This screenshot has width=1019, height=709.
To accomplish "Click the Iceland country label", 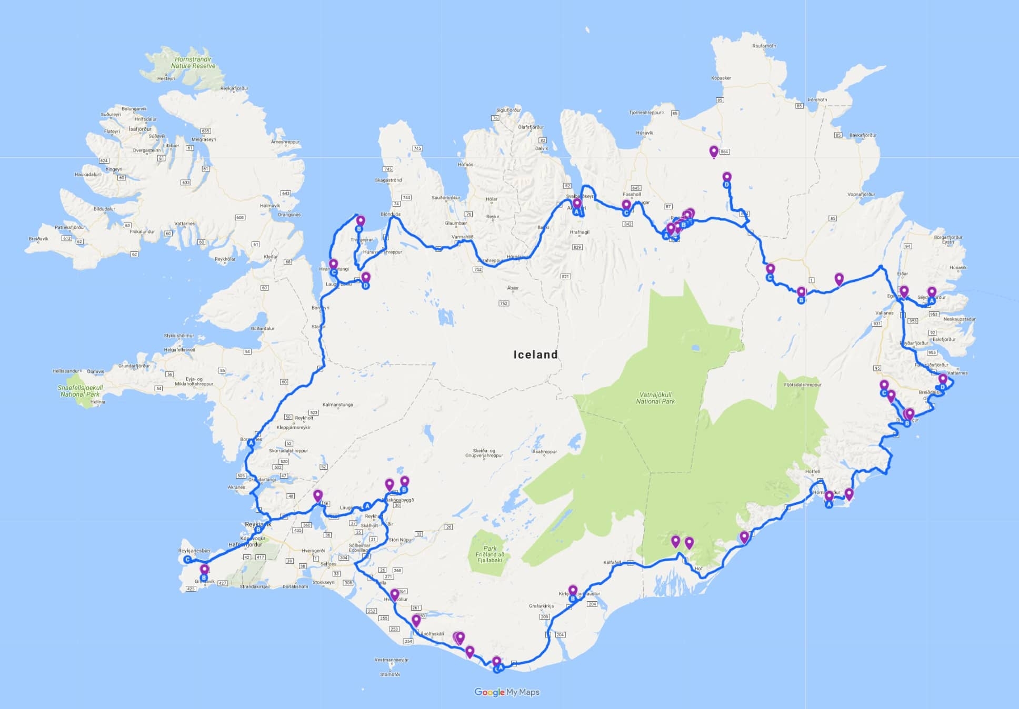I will pyautogui.click(x=535, y=354).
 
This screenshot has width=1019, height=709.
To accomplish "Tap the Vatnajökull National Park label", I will pyautogui.click(x=655, y=398).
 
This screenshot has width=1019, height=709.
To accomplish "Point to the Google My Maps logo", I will pyautogui.click(x=506, y=692).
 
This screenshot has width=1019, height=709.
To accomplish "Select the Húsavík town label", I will pyautogui.click(x=644, y=133).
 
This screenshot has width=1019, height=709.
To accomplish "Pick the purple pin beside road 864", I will pyautogui.click(x=714, y=152).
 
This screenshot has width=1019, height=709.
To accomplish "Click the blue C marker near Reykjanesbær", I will pyautogui.click(x=187, y=560).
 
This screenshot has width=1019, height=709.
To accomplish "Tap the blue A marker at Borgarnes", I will pyautogui.click(x=251, y=443).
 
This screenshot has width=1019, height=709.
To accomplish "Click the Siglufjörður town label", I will pyautogui.click(x=508, y=110).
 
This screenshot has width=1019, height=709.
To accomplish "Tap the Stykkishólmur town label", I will pyautogui.click(x=178, y=336).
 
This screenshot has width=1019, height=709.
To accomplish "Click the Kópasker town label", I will pyautogui.click(x=721, y=78).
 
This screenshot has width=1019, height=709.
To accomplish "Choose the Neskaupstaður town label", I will pyautogui.click(x=960, y=319).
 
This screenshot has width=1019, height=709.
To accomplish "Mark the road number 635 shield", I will pyautogui.click(x=205, y=131).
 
